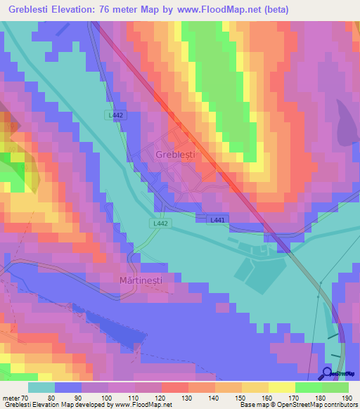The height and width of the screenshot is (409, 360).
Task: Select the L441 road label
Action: pos(218,220)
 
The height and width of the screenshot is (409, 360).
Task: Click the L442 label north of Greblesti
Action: pos(116,115)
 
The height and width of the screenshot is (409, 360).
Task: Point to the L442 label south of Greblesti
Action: pos(159,223)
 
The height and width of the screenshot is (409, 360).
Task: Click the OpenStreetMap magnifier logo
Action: pos(327,373)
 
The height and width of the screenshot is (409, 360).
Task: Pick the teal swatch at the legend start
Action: pos(41,387)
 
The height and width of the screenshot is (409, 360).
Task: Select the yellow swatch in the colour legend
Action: pos(281,387)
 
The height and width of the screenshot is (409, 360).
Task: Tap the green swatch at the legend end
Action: pos(335,387)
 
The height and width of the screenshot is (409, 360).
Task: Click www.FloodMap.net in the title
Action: pos(216,10)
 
